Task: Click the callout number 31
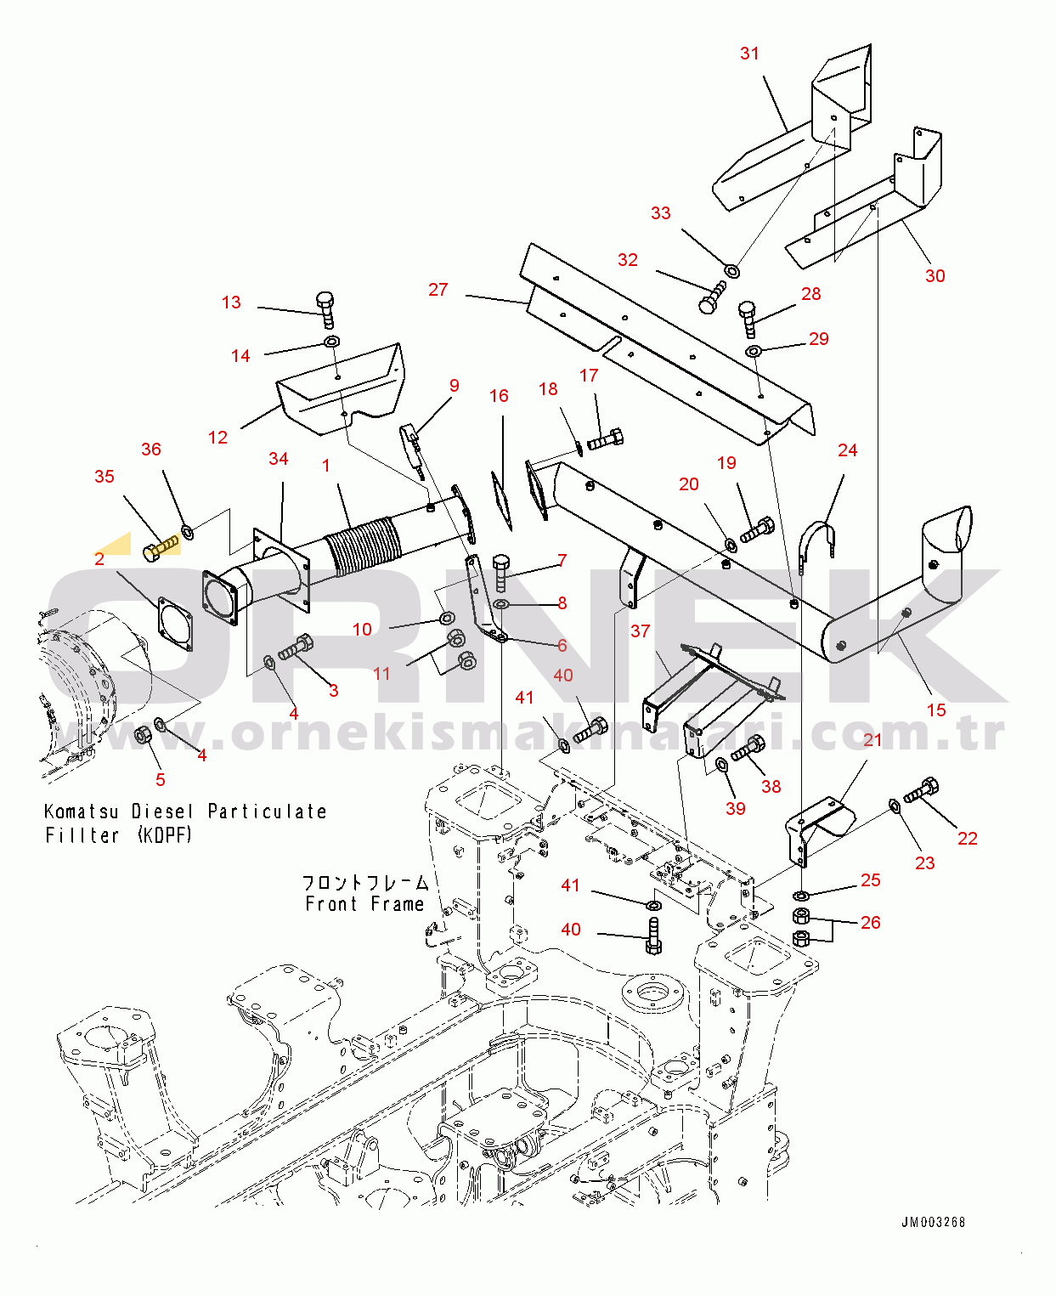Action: tap(748, 54)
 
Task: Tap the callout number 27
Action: tap(438, 290)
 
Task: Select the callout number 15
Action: tap(935, 710)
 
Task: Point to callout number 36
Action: tap(150, 450)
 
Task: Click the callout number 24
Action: tap(847, 450)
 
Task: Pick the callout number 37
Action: tap(640, 631)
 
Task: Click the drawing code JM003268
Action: tap(933, 1222)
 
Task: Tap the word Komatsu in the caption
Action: tap(81, 811)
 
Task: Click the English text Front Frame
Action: tap(364, 904)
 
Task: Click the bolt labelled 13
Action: tap(325, 309)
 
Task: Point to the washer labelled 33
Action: tap(731, 270)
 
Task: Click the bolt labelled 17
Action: tap(605, 439)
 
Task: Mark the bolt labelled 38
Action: tap(748, 749)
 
